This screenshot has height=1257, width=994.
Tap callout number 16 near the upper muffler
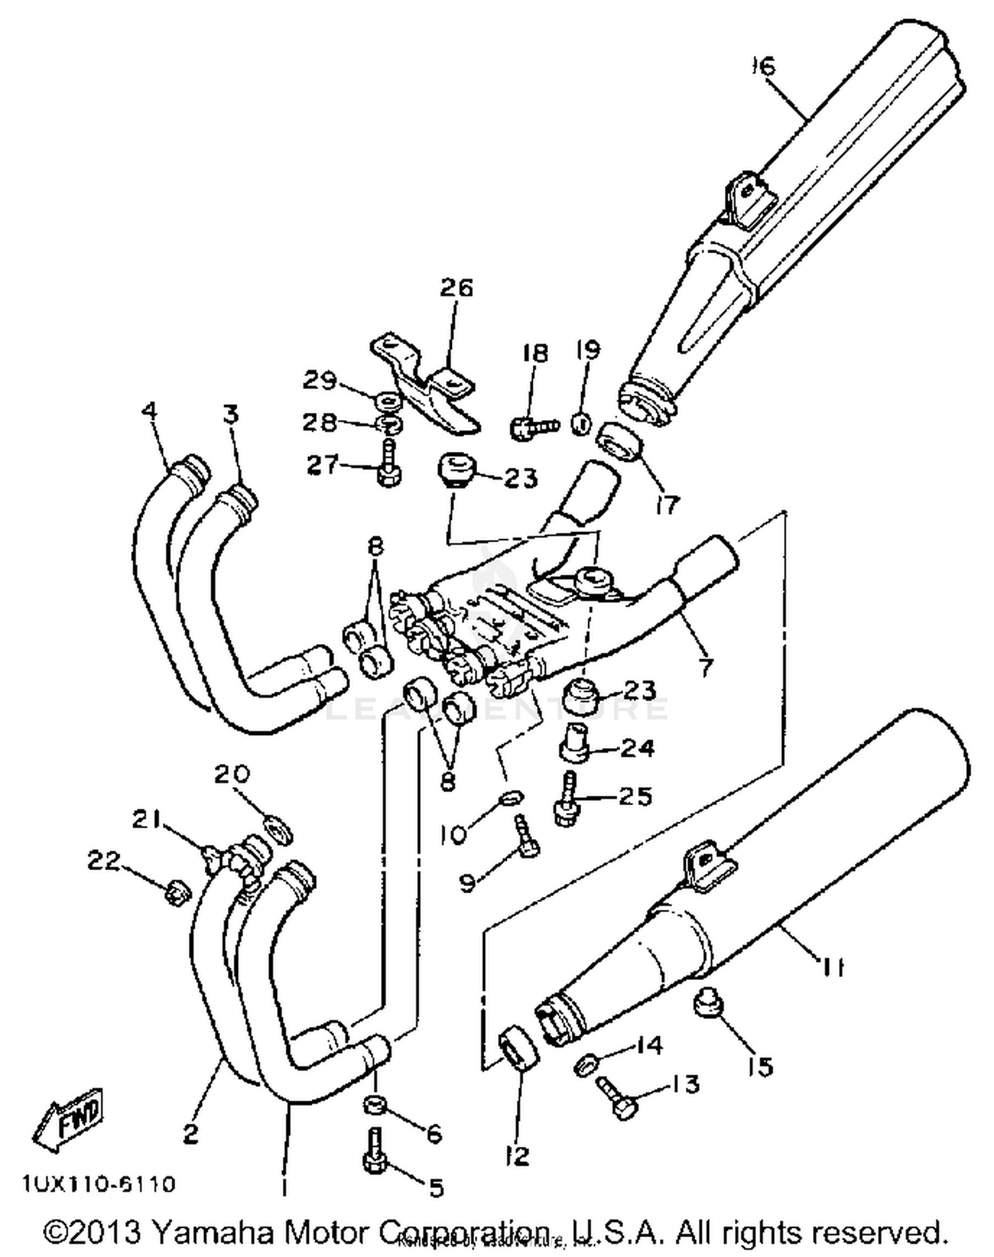click(x=763, y=66)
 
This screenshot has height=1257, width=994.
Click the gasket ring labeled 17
click(x=620, y=444)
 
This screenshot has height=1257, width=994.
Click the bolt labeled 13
click(x=616, y=1097)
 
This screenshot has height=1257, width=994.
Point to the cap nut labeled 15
click(x=708, y=1005)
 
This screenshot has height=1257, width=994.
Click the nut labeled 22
click(x=176, y=893)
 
